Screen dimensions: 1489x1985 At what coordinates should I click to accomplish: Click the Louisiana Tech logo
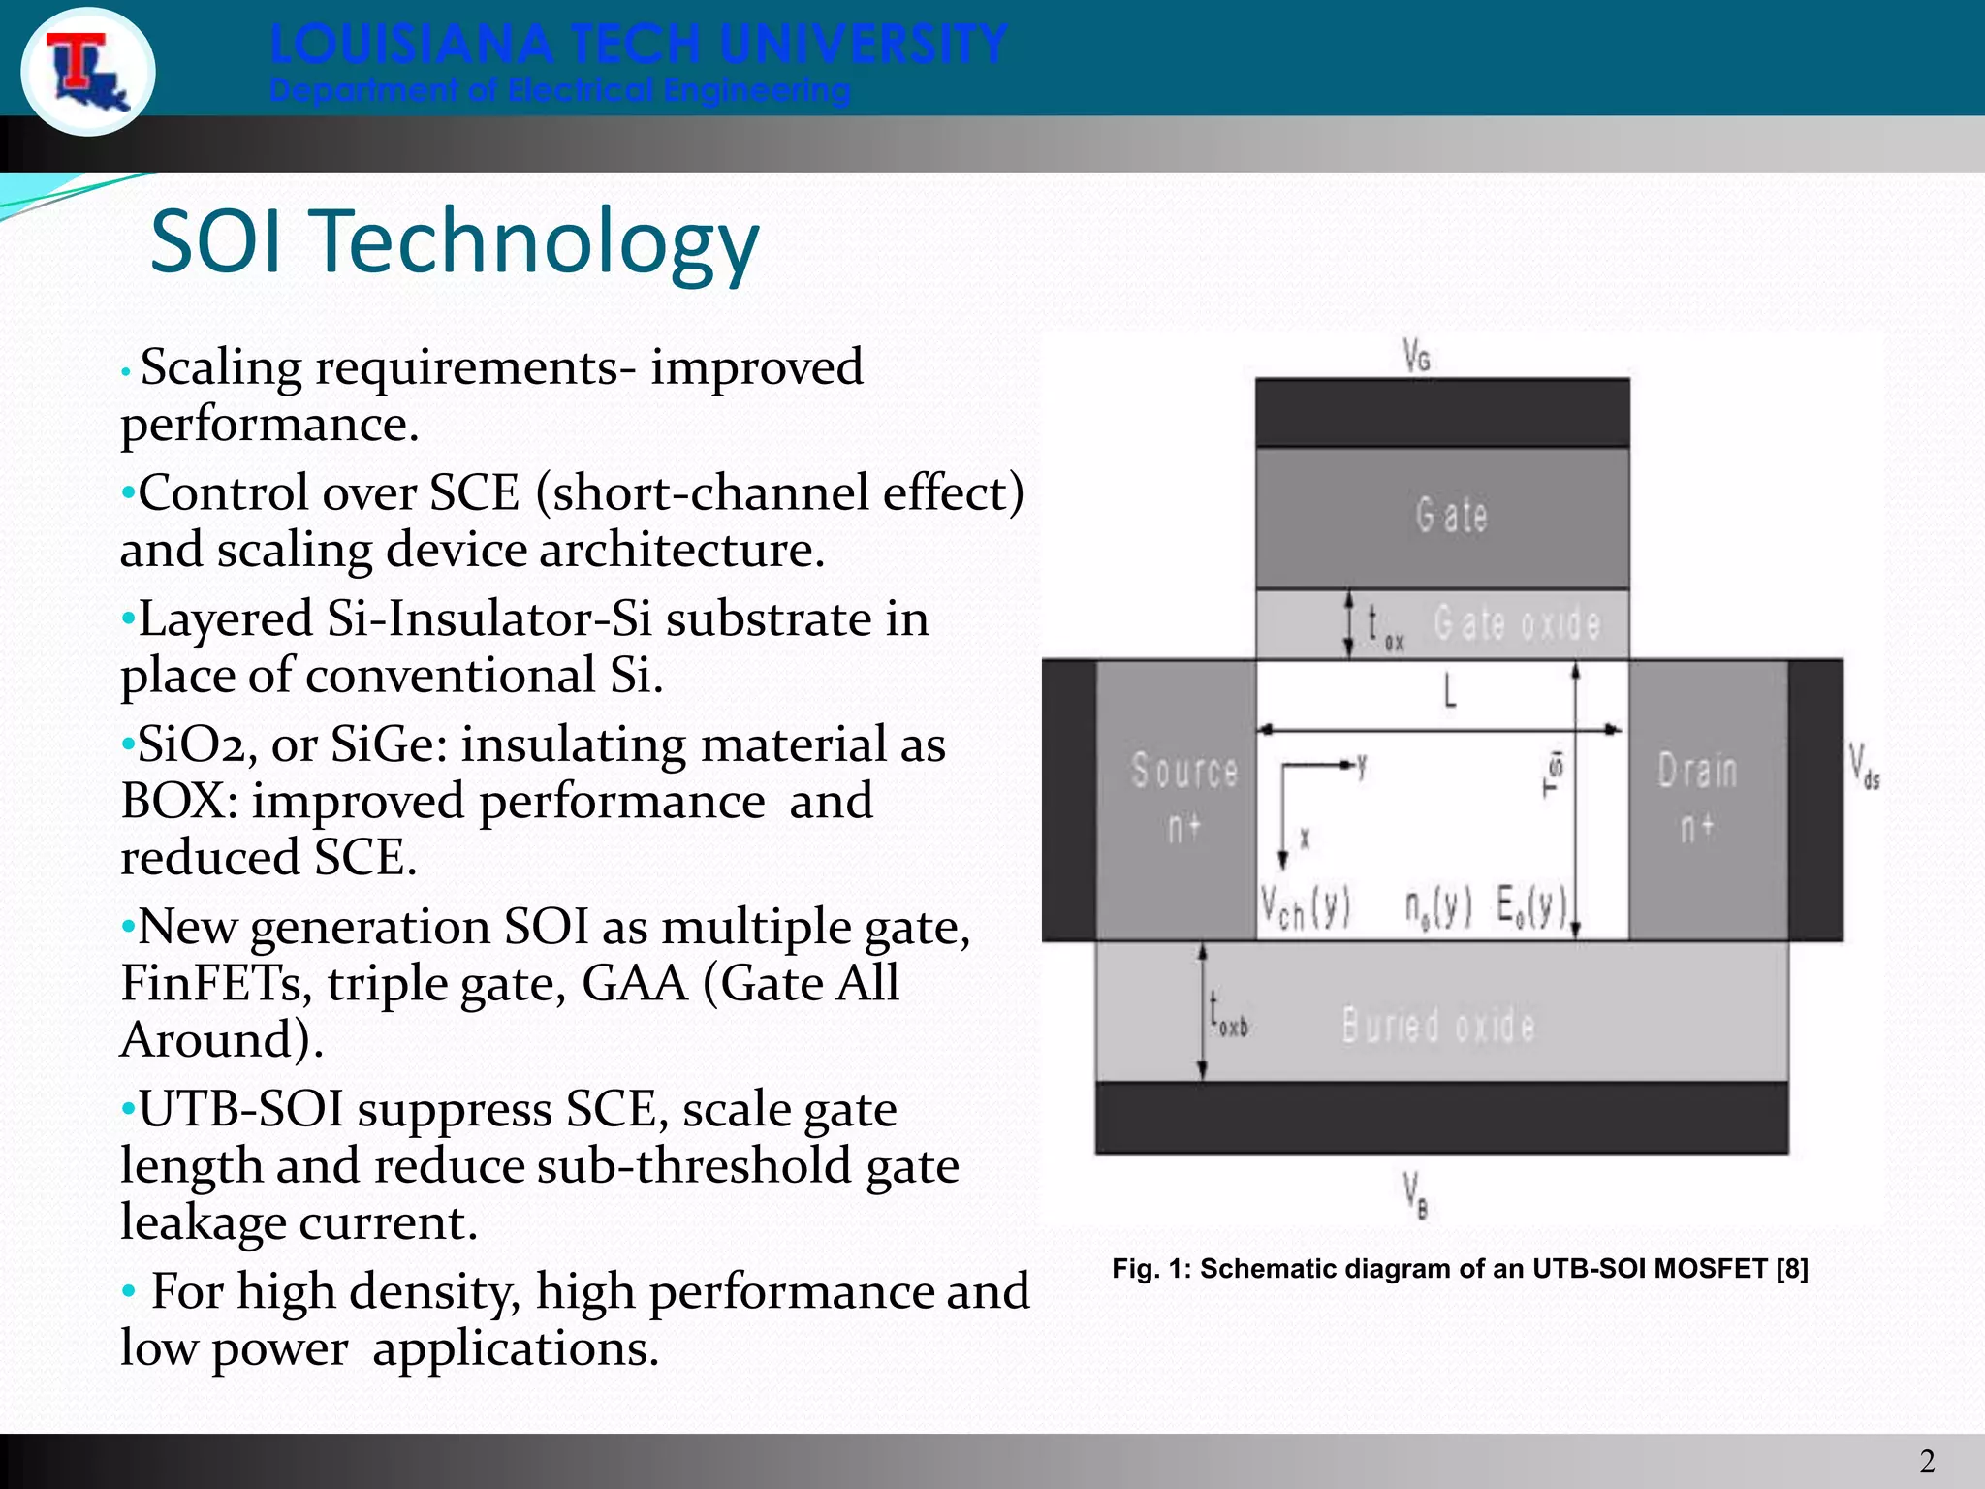click(x=88, y=73)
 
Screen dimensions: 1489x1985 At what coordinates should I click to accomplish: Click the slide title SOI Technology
click(x=454, y=242)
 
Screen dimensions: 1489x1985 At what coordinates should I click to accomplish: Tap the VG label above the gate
click(x=1417, y=357)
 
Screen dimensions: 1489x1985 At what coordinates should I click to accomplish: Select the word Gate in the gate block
click(x=1451, y=515)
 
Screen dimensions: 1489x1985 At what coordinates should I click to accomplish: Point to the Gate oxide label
click(x=1517, y=623)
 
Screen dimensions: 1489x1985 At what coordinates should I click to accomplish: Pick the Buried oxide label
click(x=1438, y=1026)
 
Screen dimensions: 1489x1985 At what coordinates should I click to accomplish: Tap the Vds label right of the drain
click(x=1863, y=767)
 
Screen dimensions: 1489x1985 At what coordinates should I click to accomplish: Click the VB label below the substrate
click(x=1416, y=1194)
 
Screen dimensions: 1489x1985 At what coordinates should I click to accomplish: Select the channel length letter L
click(x=1450, y=693)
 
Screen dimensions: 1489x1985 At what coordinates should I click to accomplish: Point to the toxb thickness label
click(x=1227, y=1016)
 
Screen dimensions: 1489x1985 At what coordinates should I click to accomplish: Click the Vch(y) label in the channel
click(x=1305, y=908)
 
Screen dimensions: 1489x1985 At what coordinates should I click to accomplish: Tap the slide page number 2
click(x=1927, y=1460)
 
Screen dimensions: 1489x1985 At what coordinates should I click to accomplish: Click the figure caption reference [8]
click(x=1792, y=1269)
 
